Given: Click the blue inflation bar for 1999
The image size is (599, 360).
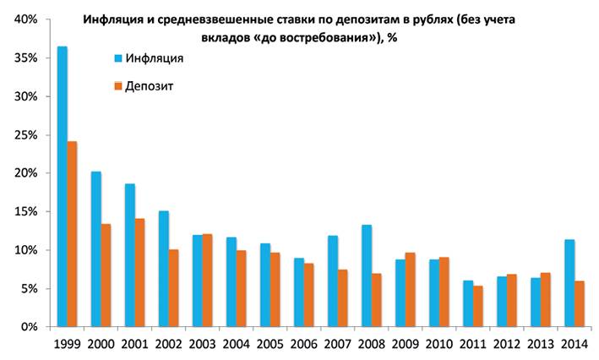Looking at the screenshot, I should click(x=62, y=186).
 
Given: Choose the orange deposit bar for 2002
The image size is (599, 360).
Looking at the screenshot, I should click(x=173, y=288).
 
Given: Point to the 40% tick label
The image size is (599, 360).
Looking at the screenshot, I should click(x=24, y=19).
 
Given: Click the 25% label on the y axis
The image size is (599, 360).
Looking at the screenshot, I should click(x=24, y=135).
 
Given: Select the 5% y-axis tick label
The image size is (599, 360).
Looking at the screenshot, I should click(x=27, y=289).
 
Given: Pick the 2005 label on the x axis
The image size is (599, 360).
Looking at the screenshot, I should click(x=270, y=346).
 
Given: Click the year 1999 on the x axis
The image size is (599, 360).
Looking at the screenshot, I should click(x=67, y=346).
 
